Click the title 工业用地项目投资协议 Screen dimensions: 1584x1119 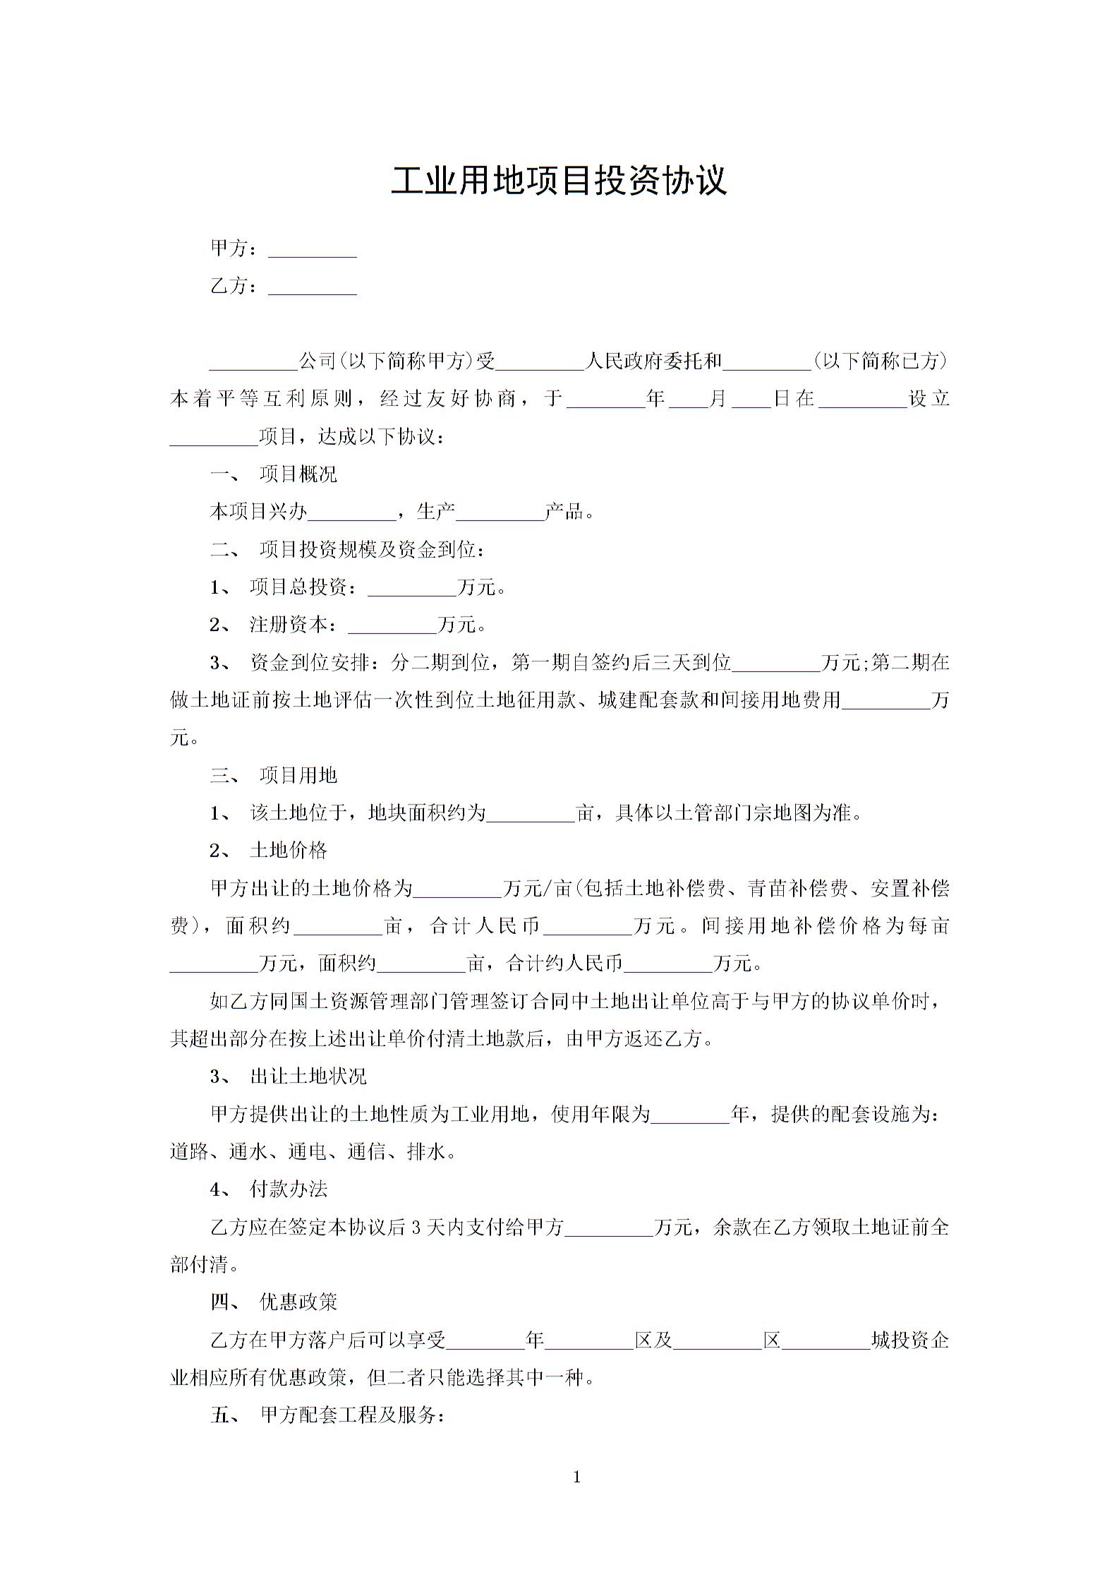(x=559, y=181)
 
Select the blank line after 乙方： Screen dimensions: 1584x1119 (x=313, y=288)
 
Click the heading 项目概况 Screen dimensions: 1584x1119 (x=298, y=474)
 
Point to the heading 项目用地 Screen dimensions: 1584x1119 (x=298, y=776)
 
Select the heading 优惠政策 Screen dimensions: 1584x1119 (x=298, y=1302)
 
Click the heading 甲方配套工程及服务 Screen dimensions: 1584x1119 (x=351, y=1415)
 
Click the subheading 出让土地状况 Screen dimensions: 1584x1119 (x=308, y=1076)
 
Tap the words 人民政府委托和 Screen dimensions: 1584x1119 (x=654, y=361)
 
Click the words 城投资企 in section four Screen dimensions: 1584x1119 (x=910, y=1340)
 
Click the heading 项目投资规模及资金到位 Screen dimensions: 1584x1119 (x=371, y=551)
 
